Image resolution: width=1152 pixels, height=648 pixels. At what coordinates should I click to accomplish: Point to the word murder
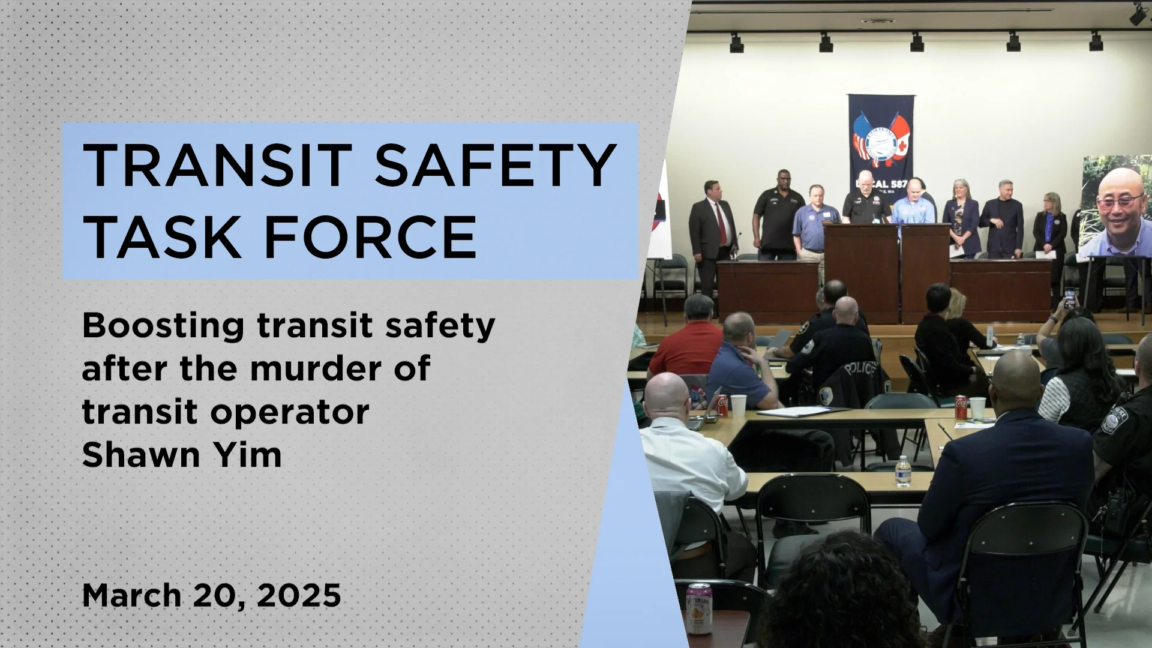click(x=316, y=368)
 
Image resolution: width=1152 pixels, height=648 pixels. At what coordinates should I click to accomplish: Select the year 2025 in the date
click(x=299, y=595)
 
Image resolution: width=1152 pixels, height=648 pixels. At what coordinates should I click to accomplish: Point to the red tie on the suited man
click(x=720, y=223)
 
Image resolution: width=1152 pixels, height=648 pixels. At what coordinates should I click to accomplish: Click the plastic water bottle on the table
click(x=902, y=472)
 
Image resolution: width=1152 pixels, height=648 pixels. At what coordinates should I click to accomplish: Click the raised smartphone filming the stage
click(x=1069, y=298)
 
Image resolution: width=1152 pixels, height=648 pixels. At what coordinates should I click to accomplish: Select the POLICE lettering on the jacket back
click(x=860, y=368)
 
